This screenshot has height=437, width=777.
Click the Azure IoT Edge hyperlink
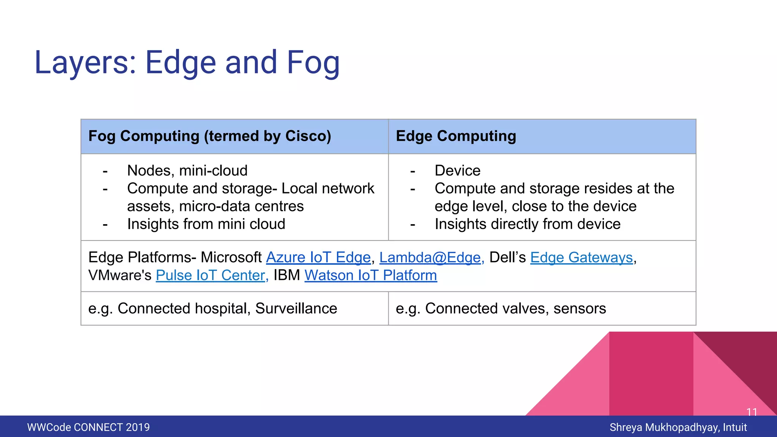pyautogui.click(x=318, y=258)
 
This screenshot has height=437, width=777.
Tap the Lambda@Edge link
pyautogui.click(x=431, y=258)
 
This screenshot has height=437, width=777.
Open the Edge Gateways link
pyautogui.click(x=581, y=258)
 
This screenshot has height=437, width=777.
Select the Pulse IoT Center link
pyautogui.click(x=211, y=275)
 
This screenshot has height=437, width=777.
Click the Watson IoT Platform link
pyautogui.click(x=370, y=275)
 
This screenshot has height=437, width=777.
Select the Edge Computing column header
pyautogui.click(x=456, y=136)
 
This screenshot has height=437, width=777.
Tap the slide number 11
pyautogui.click(x=752, y=412)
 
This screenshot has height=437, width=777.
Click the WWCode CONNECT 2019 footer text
pyautogui.click(x=88, y=428)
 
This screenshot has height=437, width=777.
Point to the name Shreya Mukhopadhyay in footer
pyautogui.click(x=664, y=428)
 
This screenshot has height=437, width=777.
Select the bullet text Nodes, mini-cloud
pyautogui.click(x=187, y=171)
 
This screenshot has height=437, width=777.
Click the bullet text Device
pyautogui.click(x=457, y=171)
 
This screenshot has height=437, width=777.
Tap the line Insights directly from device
pyautogui.click(x=527, y=224)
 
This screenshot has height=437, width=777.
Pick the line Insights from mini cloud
pyautogui.click(x=206, y=224)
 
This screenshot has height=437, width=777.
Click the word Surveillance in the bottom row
pyautogui.click(x=296, y=308)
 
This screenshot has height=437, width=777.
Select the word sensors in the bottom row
pyautogui.click(x=579, y=308)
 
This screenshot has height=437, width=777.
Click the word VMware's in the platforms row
pyautogui.click(x=120, y=275)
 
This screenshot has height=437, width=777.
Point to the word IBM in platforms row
pyautogui.click(x=286, y=275)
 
